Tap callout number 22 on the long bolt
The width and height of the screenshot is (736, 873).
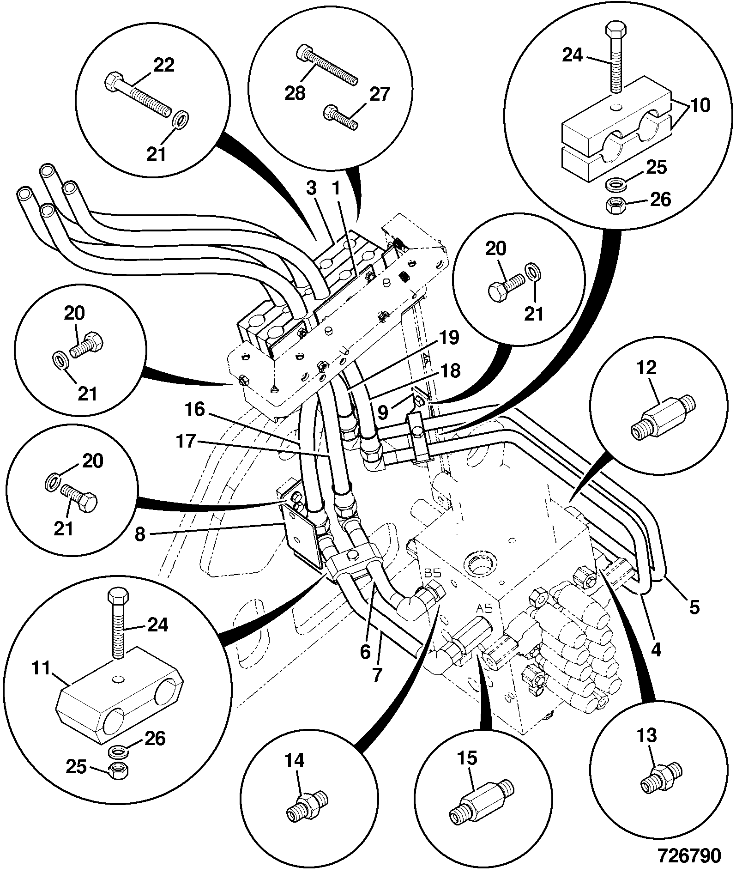[x=163, y=65]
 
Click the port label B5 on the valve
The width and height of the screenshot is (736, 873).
[x=433, y=573]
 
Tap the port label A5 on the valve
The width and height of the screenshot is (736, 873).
[x=484, y=608]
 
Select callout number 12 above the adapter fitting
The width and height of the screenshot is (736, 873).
[x=646, y=368]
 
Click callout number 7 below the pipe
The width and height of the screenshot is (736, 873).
[x=377, y=675]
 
